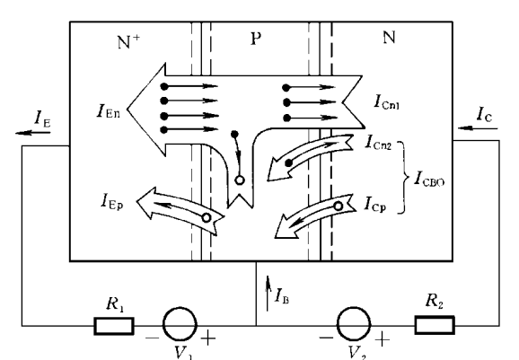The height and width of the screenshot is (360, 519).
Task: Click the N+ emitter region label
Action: (128, 41)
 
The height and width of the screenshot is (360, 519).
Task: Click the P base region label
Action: (256, 39)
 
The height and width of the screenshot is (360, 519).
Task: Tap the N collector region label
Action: (390, 37)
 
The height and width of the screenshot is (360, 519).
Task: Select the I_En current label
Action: (109, 110)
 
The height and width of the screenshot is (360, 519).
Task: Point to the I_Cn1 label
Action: (387, 101)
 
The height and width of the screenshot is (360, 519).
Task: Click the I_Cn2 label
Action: (378, 142)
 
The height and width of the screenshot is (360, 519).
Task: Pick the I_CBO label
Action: (429, 179)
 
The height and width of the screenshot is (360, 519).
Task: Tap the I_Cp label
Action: (375, 204)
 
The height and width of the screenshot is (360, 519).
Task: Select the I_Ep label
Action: (112, 201)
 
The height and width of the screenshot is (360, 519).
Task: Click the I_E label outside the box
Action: (43, 119)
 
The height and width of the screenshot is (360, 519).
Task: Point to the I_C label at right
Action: (484, 114)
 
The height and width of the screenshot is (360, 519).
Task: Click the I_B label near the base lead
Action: (282, 295)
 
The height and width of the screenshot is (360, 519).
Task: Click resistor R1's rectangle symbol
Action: (114, 326)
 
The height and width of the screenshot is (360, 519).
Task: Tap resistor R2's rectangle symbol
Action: (435, 325)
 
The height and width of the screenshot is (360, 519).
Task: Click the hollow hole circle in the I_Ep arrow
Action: (207, 218)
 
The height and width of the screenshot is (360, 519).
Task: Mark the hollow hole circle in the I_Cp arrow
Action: (338, 206)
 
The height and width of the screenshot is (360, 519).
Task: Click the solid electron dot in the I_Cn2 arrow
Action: (288, 162)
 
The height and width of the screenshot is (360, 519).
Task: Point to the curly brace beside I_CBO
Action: (404, 178)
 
